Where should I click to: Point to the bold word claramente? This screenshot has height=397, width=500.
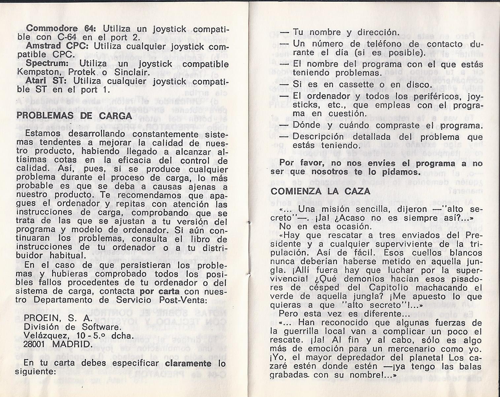[188, 363]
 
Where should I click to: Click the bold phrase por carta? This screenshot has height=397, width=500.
[160, 291]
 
